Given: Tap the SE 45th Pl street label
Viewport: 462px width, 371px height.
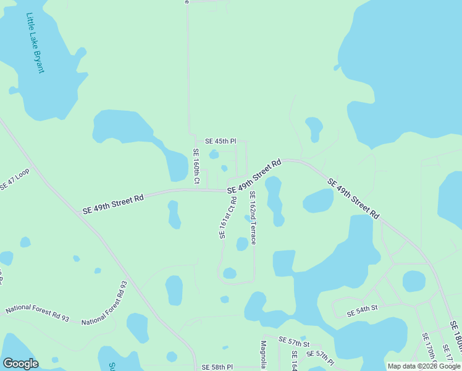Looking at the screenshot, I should coord(220,141).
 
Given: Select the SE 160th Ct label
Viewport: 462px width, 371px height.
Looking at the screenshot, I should coord(196,166).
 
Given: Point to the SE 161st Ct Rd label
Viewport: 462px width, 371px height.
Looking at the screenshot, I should coord(227,217).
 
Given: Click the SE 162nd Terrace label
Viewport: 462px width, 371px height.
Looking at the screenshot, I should coord(253,217).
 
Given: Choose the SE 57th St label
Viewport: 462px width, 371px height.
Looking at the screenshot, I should coord(293,341).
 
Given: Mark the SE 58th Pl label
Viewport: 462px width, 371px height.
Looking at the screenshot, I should coord(217,367).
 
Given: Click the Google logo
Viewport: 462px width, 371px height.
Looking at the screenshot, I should coord(20,364).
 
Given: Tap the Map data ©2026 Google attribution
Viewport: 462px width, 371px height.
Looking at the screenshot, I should coord(424,366).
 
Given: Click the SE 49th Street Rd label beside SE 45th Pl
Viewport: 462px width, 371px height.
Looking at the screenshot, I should coord(254,176).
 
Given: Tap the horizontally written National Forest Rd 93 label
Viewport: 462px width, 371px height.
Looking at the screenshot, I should coord(37,312).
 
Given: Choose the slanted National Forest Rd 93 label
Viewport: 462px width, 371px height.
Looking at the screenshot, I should coord(104,303).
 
